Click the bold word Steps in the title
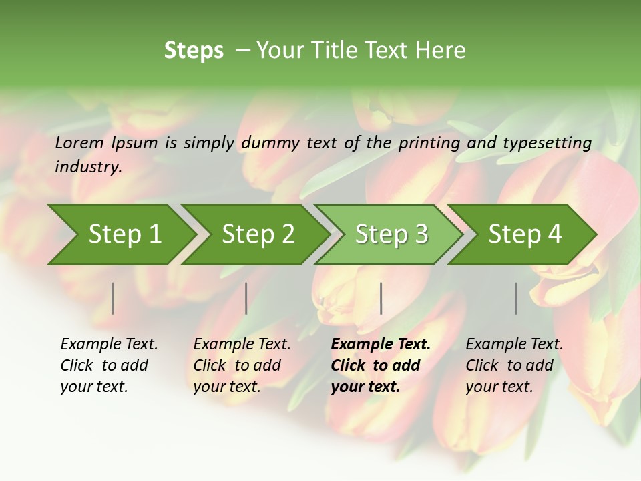pos(194,51)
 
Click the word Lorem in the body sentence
pos(79,142)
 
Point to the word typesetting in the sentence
pos(544,142)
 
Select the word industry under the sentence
pos(87,167)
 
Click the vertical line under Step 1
pos(113,298)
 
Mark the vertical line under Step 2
pos(246,298)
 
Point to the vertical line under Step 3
pos(381,298)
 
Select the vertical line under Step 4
pos(516,298)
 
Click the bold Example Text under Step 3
pos(381,345)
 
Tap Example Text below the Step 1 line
pos(109,345)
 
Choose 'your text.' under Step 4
pos(499,387)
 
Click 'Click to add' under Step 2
pos(237,365)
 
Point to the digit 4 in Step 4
pos(554,234)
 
